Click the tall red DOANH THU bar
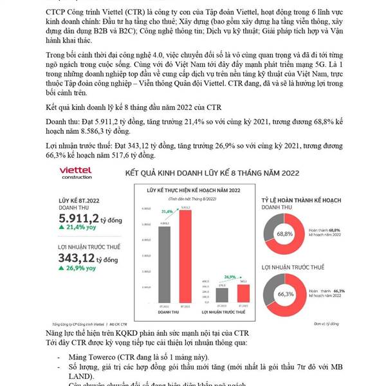(185, 255)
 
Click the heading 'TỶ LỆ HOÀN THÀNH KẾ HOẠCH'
(301, 202)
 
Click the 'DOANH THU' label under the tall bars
(174, 312)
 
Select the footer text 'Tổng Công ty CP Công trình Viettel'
(75, 324)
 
